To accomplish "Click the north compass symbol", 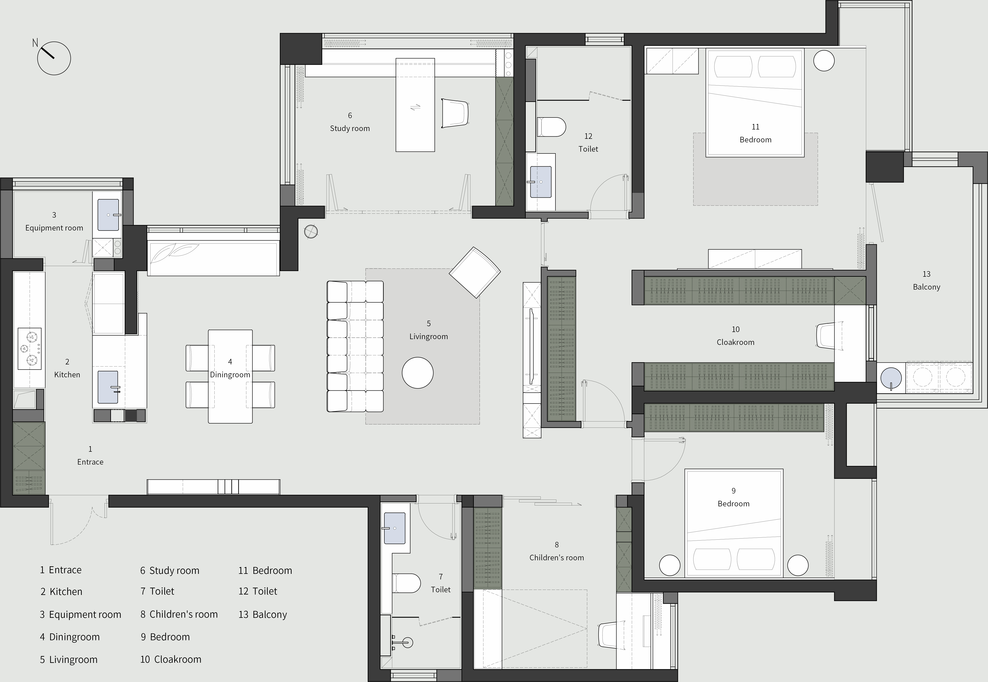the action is pos(54,58).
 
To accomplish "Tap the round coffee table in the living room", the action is pos(418,373).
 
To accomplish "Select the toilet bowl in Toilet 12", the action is pos(551,127).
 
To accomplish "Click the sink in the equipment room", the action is pos(109,215).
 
